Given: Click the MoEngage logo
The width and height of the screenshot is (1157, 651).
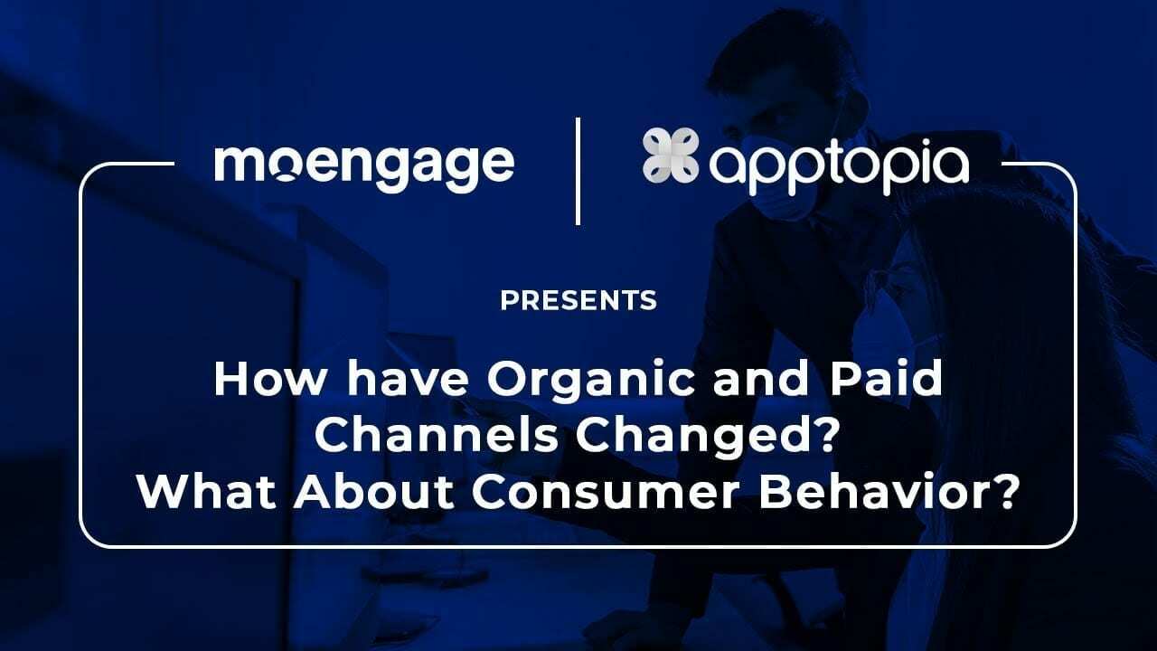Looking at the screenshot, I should [x=364, y=165].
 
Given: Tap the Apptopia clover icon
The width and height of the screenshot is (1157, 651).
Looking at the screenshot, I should [x=671, y=156].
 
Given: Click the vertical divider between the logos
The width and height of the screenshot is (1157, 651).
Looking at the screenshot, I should [x=578, y=170].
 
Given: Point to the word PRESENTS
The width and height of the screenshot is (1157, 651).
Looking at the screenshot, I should [x=578, y=300].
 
